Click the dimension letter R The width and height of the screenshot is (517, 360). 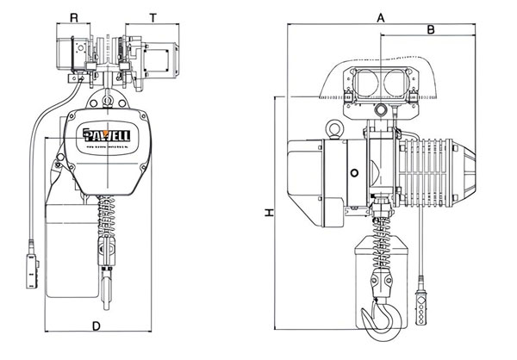tap(75, 16)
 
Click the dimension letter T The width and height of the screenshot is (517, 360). tap(153, 16)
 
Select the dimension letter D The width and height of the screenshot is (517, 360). tap(96, 325)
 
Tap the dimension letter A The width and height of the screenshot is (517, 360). tap(380, 16)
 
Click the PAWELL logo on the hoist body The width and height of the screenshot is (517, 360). tap(107, 135)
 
